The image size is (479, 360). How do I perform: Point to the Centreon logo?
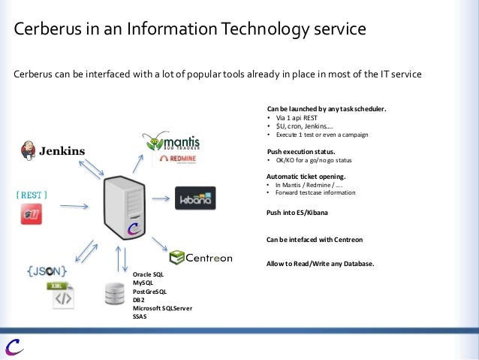tap(200, 258)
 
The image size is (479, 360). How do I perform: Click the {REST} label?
tap(32, 195)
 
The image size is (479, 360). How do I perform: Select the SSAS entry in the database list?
tap(140, 316)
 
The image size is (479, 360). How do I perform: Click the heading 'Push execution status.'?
tap(296, 151)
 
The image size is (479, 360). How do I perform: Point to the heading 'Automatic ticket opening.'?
tap(302, 177)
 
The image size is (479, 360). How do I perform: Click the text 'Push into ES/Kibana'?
tap(297, 213)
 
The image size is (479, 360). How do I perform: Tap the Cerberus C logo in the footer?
tap(14, 346)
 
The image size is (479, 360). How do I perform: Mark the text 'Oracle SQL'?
tap(148, 274)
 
